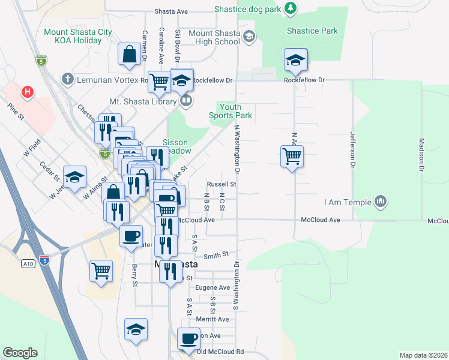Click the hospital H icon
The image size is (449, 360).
pyautogui.click(x=26, y=92)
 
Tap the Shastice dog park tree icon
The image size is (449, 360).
pyautogui.click(x=291, y=8)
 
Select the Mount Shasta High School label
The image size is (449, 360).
pyautogui.click(x=214, y=37)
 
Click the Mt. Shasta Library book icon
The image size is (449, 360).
pyautogui.click(x=186, y=101)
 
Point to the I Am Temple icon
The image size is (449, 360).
pyautogui.click(x=379, y=202)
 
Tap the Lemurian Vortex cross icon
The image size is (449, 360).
pyautogui.click(x=67, y=79)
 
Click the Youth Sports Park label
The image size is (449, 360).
pyautogui.click(x=231, y=111)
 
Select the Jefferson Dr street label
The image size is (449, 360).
pyautogui.click(x=353, y=150)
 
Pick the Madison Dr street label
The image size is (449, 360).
pyautogui.click(x=421, y=156)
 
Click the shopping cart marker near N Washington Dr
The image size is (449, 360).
pyautogui.click(x=292, y=156)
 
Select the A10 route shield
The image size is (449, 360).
pyautogui.click(x=27, y=263)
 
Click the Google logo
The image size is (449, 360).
pyautogui.click(x=20, y=353)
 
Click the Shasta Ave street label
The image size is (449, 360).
pyautogui.click(x=171, y=11)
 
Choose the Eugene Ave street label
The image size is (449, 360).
pyautogui.click(x=216, y=287)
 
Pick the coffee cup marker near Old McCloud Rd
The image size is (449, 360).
pyautogui.click(x=189, y=338)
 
